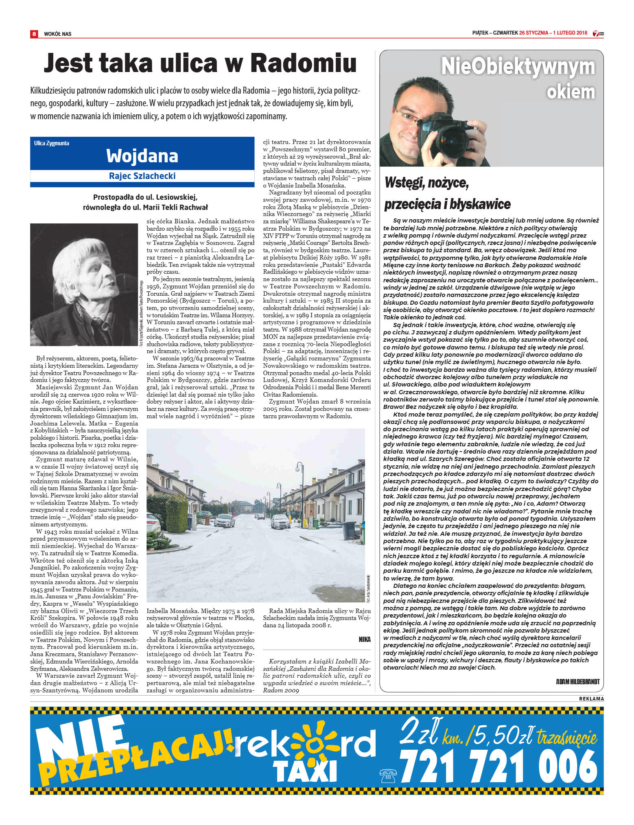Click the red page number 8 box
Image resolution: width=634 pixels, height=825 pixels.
point(34,34)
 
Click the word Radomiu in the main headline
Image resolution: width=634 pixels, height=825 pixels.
point(303,63)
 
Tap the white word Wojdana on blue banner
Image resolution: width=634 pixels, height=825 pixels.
point(142,156)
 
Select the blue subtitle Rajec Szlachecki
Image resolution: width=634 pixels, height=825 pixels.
point(142,176)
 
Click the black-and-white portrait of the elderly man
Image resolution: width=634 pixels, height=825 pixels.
point(84,284)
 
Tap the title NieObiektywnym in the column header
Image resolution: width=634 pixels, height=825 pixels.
point(518,67)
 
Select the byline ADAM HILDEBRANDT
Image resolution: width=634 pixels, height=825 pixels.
point(577,681)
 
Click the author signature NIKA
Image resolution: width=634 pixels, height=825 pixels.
point(364,639)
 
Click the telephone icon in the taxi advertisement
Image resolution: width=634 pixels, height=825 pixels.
point(388,776)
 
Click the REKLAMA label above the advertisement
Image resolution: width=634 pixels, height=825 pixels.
point(591,698)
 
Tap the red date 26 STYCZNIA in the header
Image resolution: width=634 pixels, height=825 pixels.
point(533,33)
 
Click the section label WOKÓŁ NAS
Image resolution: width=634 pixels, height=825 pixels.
point(57,34)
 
